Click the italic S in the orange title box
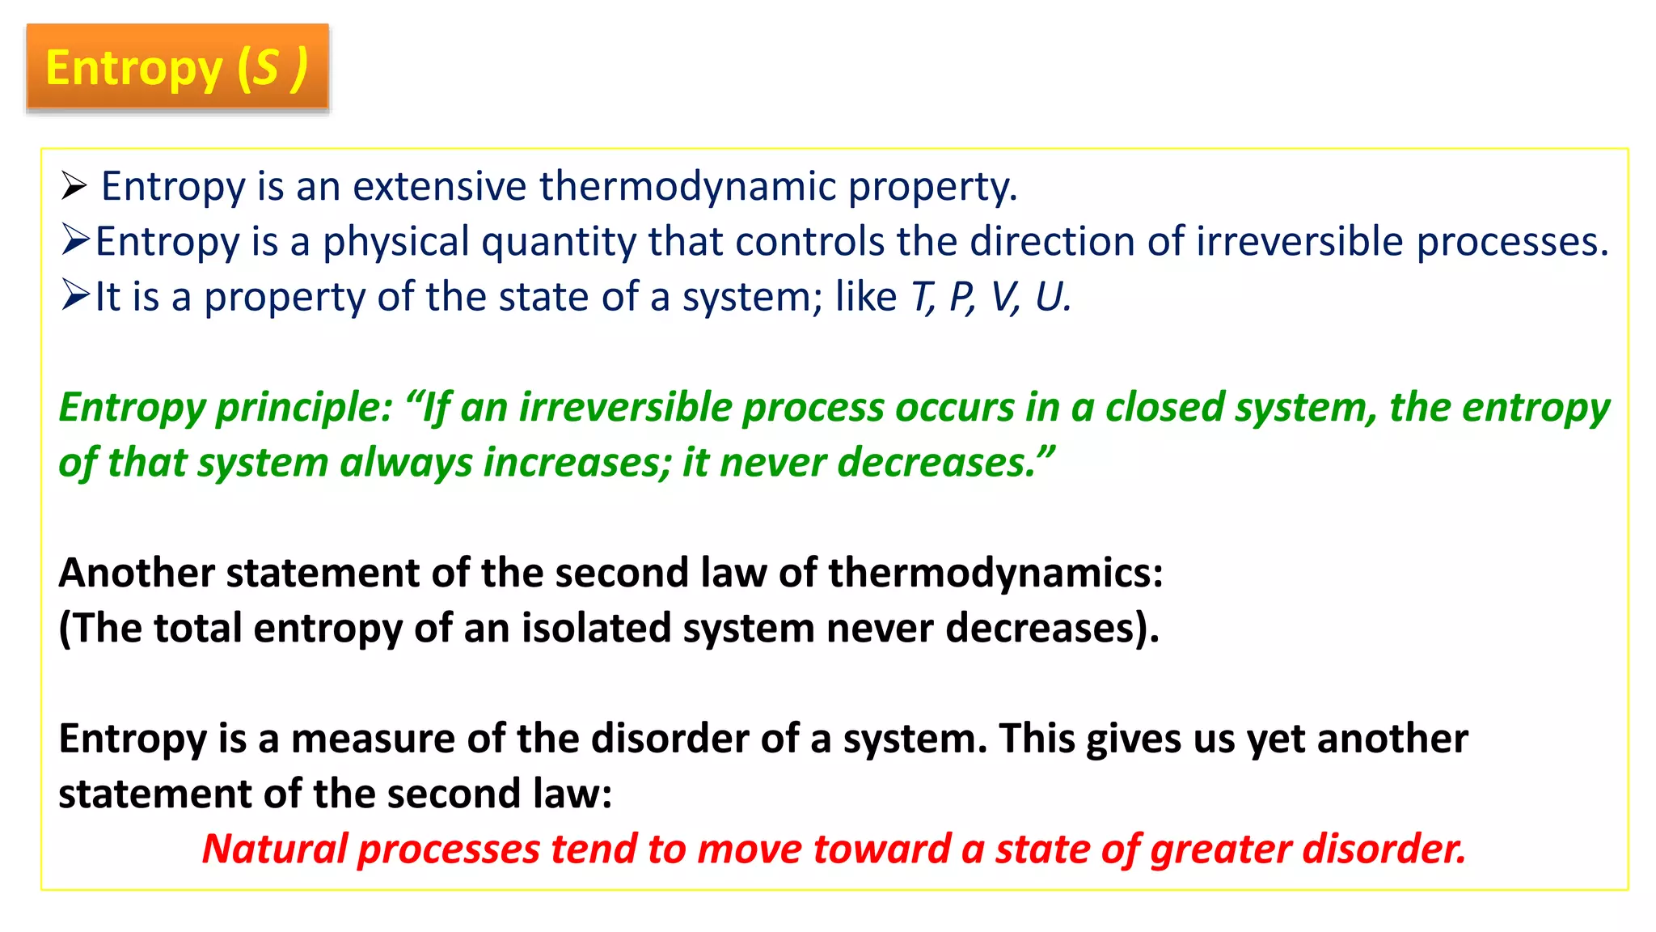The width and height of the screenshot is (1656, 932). pos(266,68)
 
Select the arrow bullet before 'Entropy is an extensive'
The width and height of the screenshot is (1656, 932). pos(74,186)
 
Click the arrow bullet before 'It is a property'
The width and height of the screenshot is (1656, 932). pos(75,295)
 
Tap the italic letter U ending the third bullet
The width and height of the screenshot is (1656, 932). pos(1050,296)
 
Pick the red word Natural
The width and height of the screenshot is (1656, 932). pos(274,849)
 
